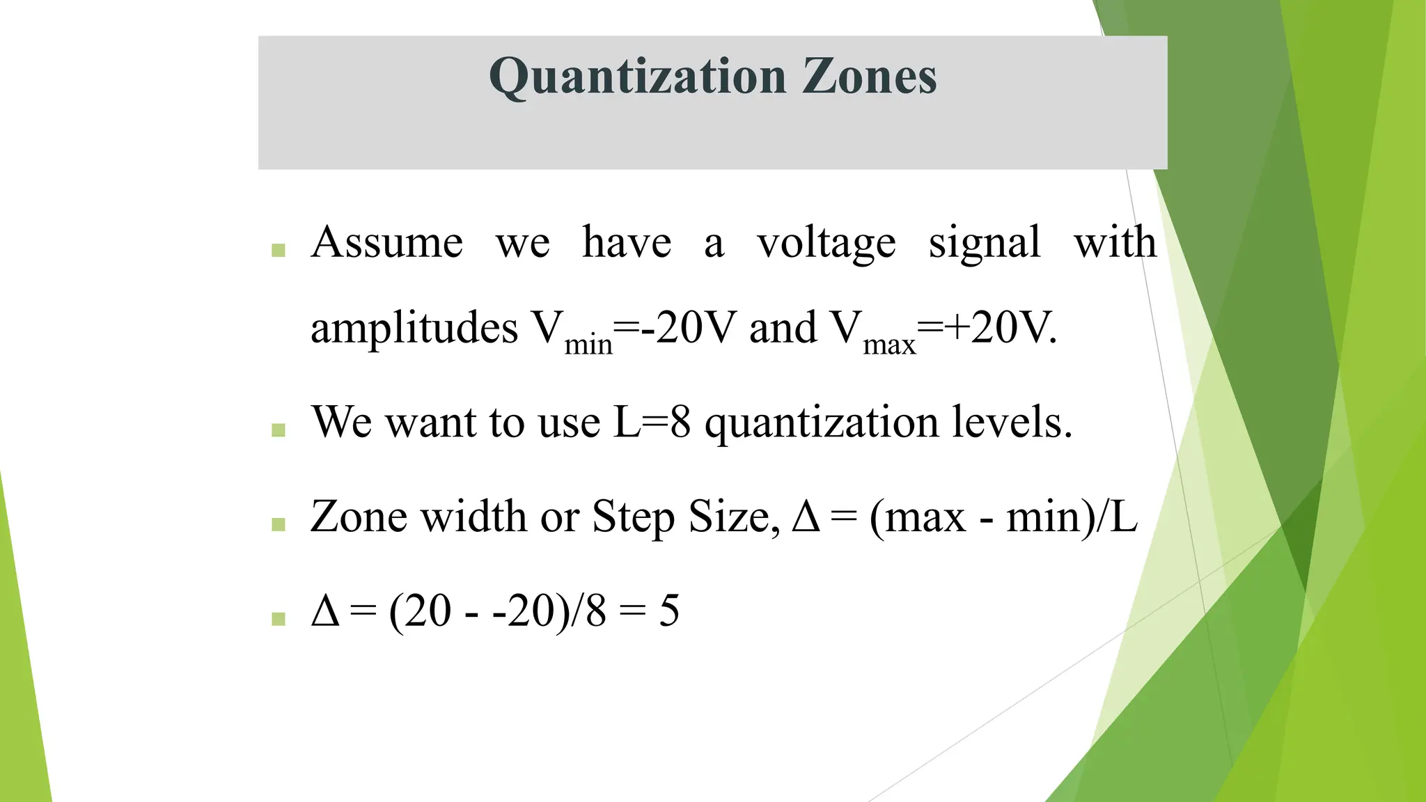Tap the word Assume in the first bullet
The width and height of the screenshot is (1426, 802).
(387, 243)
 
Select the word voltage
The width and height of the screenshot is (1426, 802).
(826, 244)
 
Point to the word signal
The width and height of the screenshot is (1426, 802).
(985, 244)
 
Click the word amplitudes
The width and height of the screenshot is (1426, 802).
(414, 328)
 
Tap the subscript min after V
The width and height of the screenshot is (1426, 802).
(588, 344)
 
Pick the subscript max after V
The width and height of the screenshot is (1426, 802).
(889, 344)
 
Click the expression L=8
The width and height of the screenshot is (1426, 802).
(652, 422)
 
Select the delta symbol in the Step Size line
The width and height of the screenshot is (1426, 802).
(806, 517)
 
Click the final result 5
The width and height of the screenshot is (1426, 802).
(669, 611)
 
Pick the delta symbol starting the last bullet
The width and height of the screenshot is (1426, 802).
(325, 611)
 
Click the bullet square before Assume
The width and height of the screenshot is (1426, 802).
(279, 250)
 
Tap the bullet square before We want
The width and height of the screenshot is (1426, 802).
(279, 430)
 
